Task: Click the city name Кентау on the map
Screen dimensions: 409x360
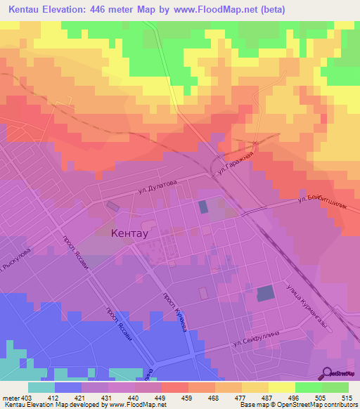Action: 129,234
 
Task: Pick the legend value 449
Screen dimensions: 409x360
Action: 149,397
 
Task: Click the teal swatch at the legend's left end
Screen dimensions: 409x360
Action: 41,387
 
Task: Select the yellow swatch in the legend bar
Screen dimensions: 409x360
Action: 282,387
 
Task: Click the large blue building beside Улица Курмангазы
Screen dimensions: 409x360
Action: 266,294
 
